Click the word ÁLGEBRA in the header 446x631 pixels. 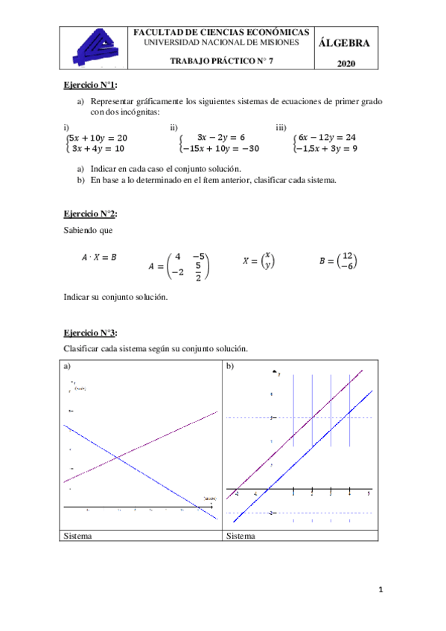343,42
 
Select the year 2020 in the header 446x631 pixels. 345,65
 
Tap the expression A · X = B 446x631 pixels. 99,257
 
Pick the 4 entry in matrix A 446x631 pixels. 177,257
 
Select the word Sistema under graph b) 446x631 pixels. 240,536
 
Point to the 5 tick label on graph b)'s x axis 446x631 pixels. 369,494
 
